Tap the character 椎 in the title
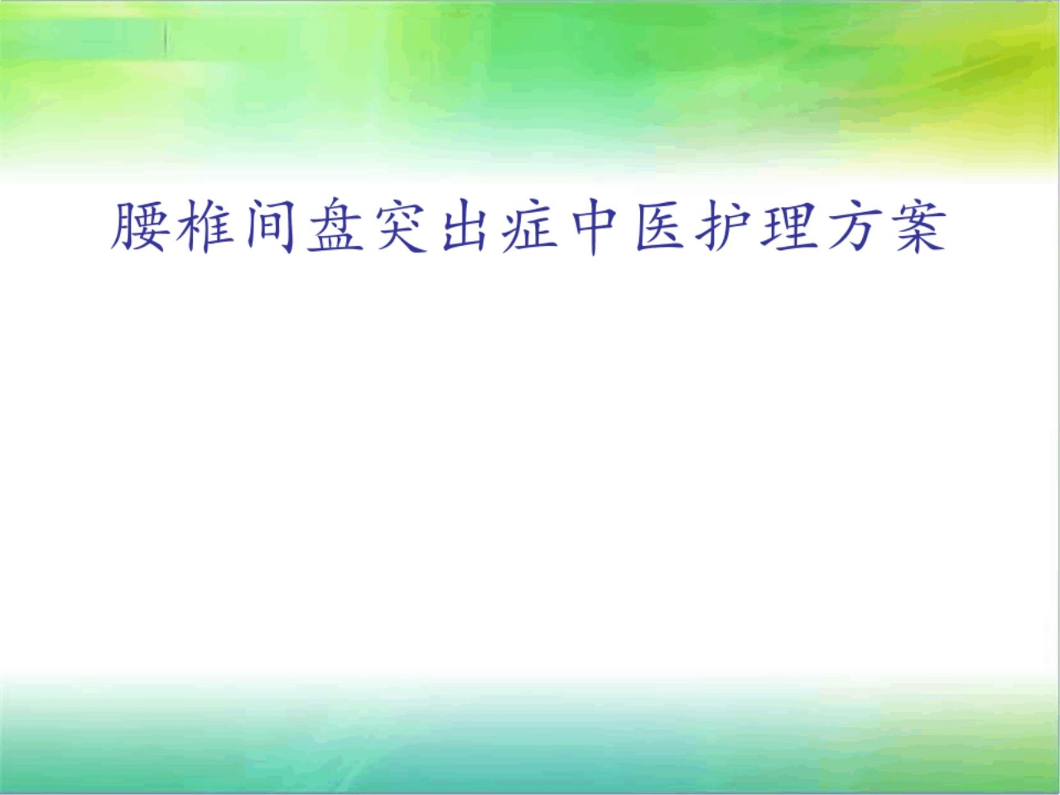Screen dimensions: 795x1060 coord(206,226)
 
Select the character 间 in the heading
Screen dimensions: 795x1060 coord(272,226)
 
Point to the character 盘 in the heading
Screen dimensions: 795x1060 coord(335,226)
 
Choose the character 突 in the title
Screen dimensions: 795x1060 coord(400,226)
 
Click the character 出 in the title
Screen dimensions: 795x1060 coord(465,226)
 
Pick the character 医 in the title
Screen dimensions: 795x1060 coord(659,226)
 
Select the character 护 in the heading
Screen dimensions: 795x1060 coord(724,226)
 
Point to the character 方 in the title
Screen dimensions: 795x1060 coord(853,226)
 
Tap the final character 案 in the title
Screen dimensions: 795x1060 coord(918,226)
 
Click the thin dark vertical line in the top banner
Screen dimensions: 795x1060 coord(166,39)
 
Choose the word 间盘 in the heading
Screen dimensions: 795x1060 coord(304,226)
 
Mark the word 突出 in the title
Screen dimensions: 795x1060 coord(432,226)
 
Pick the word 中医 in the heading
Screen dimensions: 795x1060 coord(627,226)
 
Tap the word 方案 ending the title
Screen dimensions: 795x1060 coord(885,226)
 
